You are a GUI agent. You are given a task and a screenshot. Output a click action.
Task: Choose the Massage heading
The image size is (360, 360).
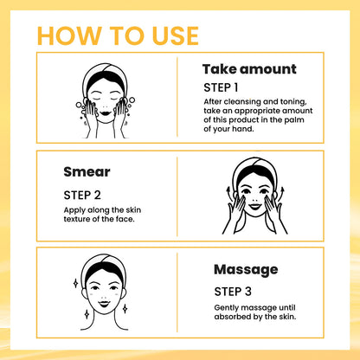[245, 269]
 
